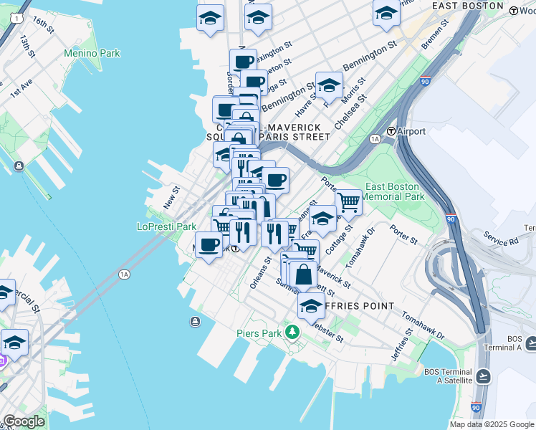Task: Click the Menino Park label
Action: pyautogui.click(x=92, y=53)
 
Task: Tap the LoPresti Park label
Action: pyautogui.click(x=166, y=226)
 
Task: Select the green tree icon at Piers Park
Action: pyautogui.click(x=292, y=332)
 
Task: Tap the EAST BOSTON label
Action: pyautogui.click(x=468, y=6)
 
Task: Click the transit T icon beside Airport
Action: pyautogui.click(x=391, y=132)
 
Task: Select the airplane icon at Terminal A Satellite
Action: pyautogui.click(x=484, y=376)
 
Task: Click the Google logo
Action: pyautogui.click(x=24, y=421)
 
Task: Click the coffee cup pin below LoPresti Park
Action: pyautogui.click(x=209, y=245)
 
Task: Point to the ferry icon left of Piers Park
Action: pyautogui.click(x=195, y=322)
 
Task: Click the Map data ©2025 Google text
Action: pyautogui.click(x=492, y=424)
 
